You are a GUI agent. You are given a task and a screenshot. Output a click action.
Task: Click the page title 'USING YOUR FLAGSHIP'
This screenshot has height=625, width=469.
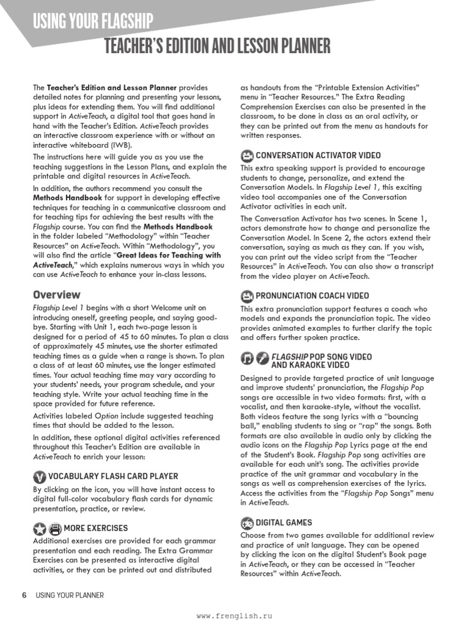93,23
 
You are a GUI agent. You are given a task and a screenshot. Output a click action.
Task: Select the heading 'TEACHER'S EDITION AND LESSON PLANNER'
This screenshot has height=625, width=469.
217,46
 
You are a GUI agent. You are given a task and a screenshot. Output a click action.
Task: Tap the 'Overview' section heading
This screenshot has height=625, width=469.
56,295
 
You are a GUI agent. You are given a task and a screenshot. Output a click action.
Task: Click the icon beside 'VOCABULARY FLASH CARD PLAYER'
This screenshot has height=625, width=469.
39,476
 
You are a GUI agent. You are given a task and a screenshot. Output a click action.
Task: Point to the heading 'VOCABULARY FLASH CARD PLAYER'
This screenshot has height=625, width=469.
114,476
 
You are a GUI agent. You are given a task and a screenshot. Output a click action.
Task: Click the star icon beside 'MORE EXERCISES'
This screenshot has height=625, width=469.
39,528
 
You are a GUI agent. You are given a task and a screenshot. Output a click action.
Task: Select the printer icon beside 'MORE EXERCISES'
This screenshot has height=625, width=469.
54,528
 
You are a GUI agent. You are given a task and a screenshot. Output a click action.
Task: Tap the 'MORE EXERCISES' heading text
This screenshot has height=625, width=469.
96,528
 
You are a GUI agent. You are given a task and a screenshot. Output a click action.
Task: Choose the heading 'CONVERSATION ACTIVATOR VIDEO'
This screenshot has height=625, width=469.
318,155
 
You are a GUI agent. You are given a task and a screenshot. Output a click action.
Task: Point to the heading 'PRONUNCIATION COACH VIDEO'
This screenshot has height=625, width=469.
312,296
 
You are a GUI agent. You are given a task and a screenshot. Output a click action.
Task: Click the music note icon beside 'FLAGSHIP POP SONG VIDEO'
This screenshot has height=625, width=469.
247,357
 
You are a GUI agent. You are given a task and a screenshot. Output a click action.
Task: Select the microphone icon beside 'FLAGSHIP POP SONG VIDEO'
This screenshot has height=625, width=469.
262,357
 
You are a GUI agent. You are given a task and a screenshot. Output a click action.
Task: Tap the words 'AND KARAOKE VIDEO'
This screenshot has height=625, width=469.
310,365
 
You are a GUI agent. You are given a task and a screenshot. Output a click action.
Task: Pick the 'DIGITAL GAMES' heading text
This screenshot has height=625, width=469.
284,522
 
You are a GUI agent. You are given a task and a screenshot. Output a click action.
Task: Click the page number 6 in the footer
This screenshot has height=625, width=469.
24,595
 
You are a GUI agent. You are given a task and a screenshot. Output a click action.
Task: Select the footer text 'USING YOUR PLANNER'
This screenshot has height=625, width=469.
70,595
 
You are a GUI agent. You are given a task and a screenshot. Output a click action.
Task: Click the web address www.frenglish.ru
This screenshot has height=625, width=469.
234,616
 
